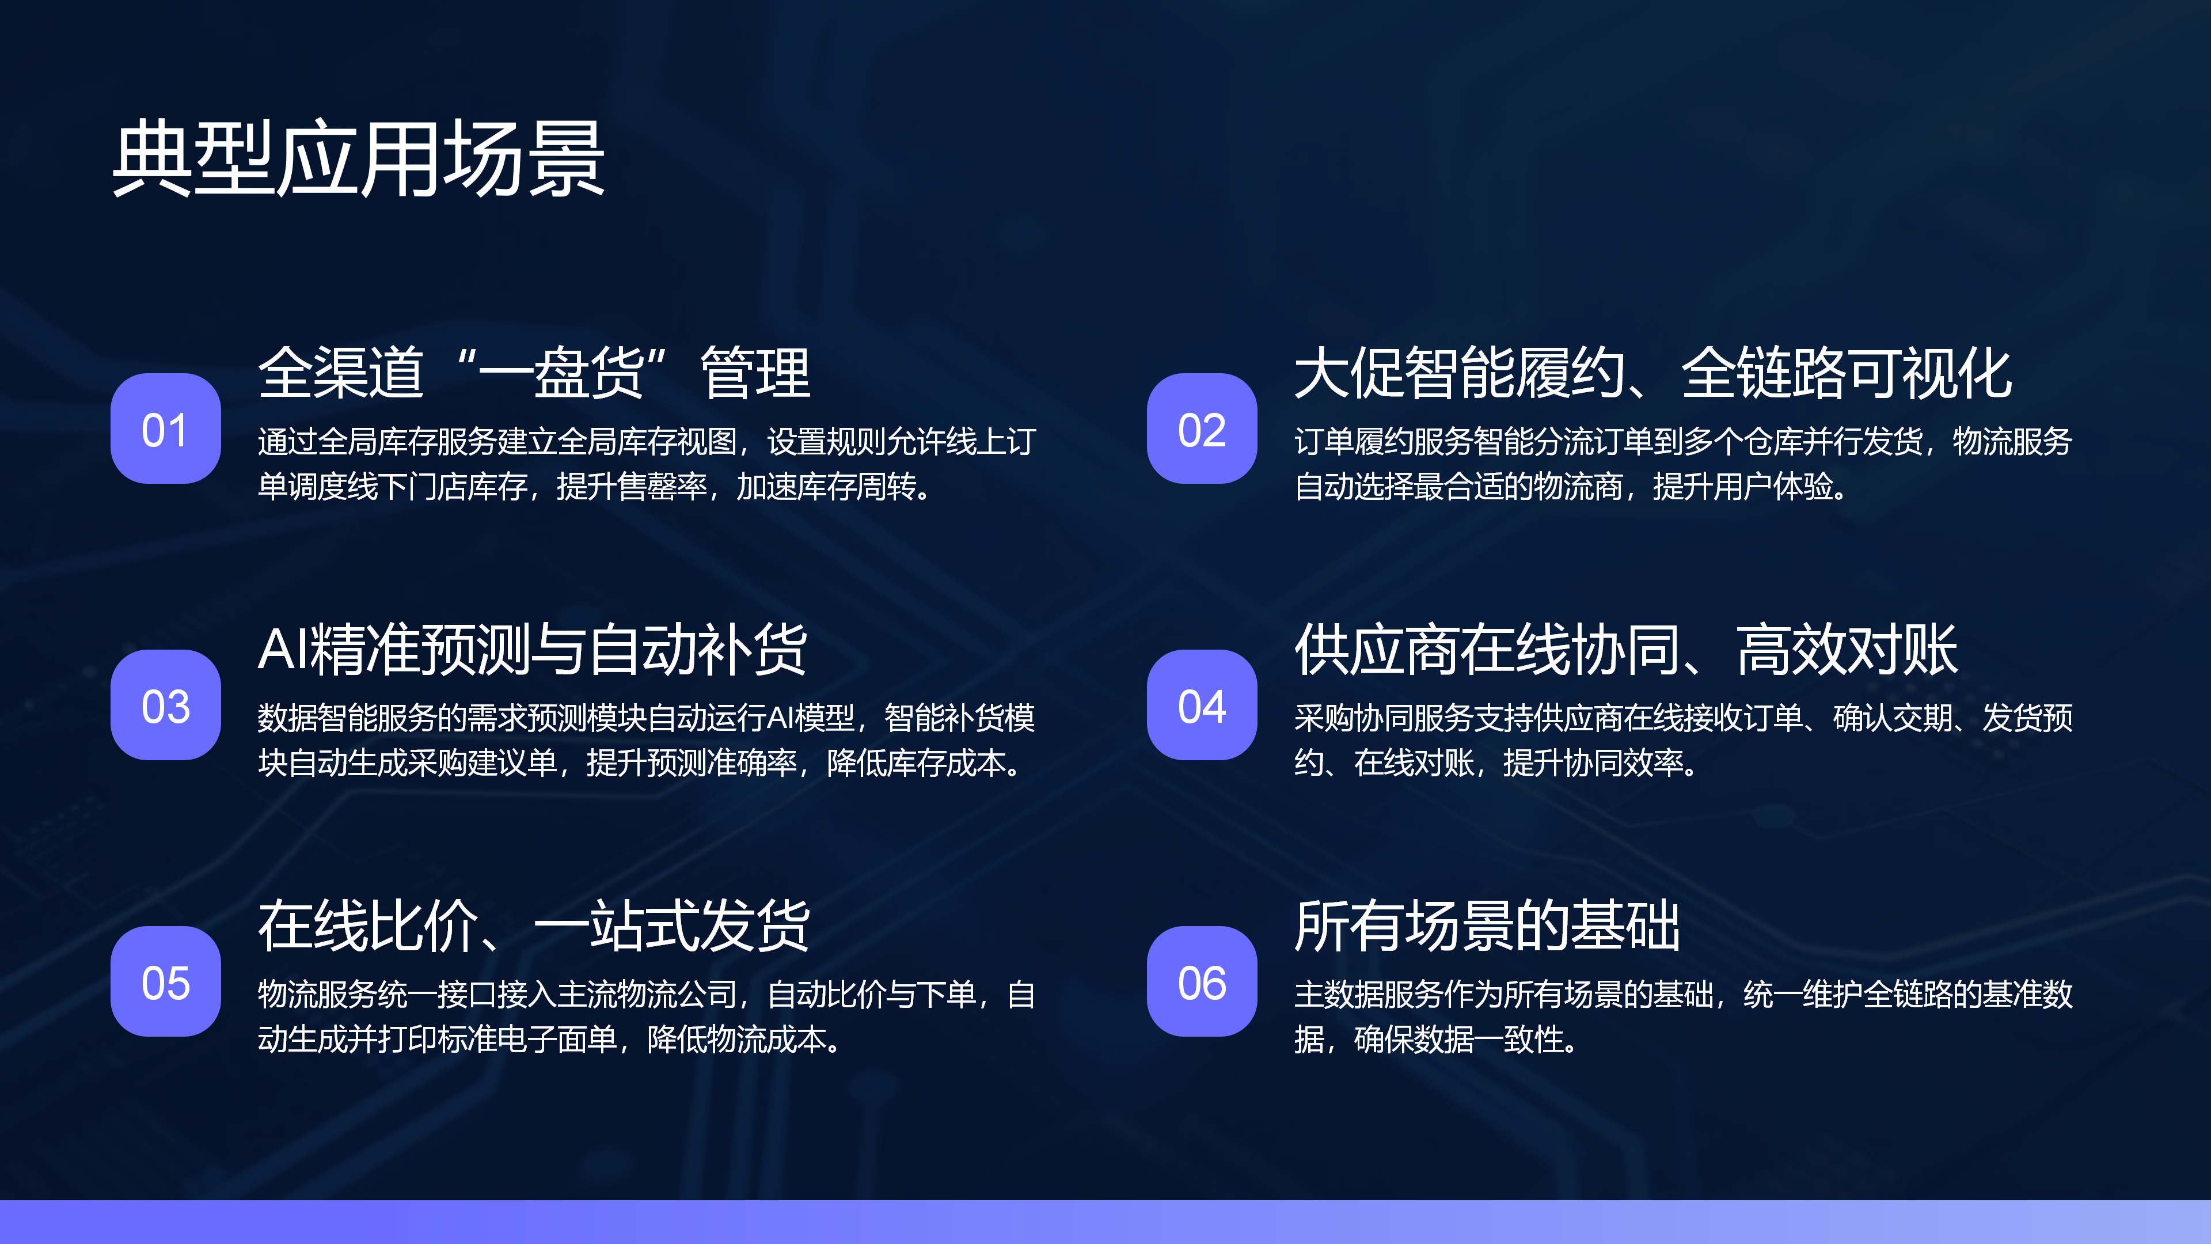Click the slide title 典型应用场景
click(359, 159)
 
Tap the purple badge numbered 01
click(166, 428)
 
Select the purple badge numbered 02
click(1202, 428)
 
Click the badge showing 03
click(166, 705)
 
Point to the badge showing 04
click(1202, 705)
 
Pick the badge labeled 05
click(166, 981)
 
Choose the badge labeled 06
click(1202, 981)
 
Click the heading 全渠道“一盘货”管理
click(534, 373)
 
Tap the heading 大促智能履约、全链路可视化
click(1653, 373)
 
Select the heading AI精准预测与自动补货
click(532, 649)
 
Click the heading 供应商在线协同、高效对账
click(1627, 649)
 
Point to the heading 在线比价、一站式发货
click(534, 926)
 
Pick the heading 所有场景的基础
click(1487, 926)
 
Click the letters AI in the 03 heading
click(283, 649)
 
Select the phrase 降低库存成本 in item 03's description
click(916, 763)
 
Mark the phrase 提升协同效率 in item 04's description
click(1593, 763)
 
